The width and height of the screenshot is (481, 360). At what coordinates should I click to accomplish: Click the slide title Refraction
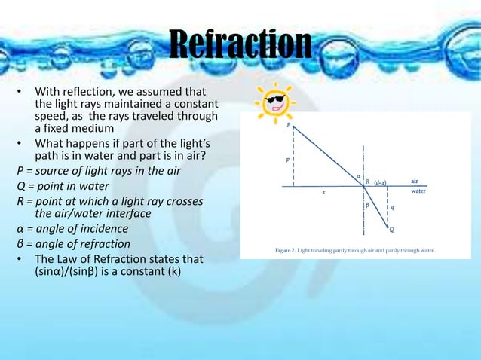[240, 45]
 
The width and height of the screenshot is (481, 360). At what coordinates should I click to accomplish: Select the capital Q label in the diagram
[391, 230]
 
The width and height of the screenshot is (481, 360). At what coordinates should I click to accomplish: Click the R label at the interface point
[367, 182]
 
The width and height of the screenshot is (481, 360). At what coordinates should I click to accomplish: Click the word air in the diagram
[415, 181]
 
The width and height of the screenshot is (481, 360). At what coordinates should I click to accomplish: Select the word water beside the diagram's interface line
[418, 191]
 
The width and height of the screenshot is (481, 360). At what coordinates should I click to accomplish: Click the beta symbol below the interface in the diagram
[367, 204]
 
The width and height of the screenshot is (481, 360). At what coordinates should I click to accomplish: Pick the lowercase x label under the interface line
[323, 193]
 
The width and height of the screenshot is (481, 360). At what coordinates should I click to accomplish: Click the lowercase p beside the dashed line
[287, 160]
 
